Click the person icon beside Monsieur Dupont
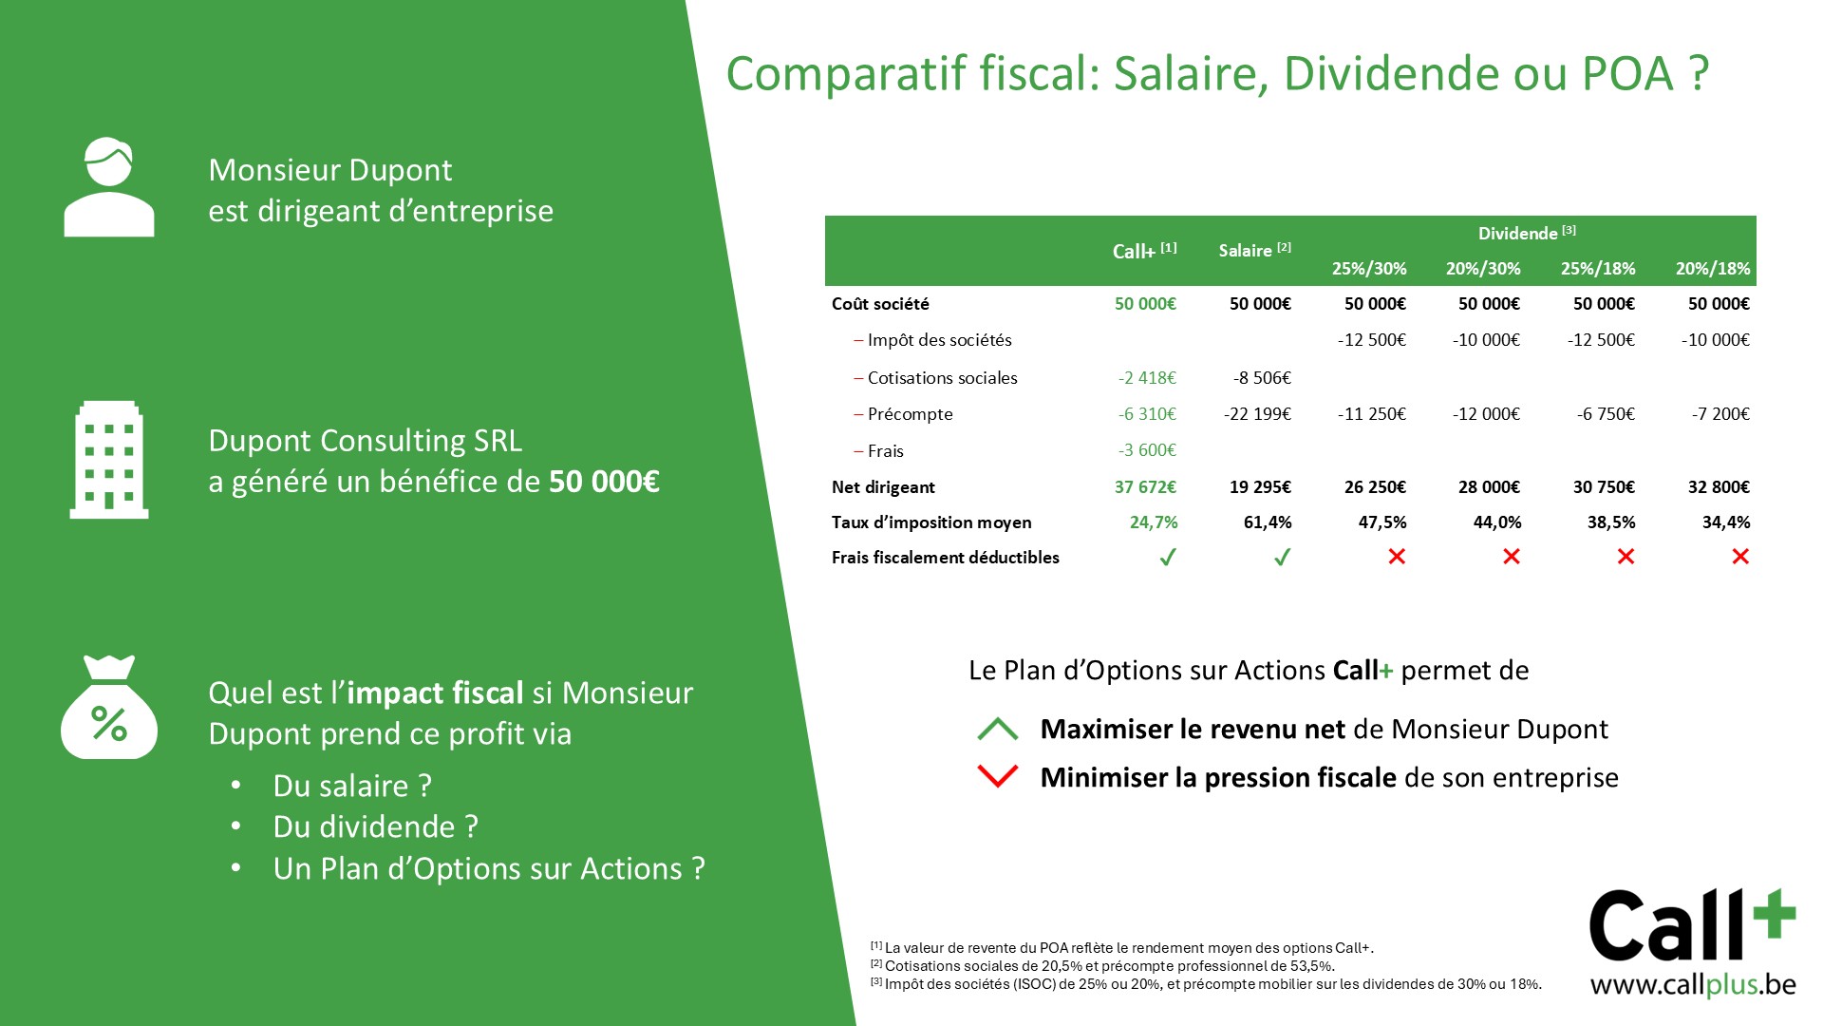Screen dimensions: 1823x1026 [109, 187]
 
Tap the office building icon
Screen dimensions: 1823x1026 [109, 460]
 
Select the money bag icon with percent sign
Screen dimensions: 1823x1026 [109, 707]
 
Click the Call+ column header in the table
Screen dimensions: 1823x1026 [1144, 251]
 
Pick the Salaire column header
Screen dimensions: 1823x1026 [1254, 250]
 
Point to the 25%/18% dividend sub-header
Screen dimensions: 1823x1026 [1598, 269]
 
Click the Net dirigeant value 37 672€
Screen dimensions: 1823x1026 [1145, 487]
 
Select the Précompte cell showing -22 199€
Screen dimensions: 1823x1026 [1257, 414]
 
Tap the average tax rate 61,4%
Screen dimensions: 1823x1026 [1268, 522]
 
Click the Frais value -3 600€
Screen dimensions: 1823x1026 [1147, 450]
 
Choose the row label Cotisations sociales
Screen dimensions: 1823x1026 [942, 378]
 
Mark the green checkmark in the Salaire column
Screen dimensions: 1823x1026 [1282, 558]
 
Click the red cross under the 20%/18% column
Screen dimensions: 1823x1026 [1740, 557]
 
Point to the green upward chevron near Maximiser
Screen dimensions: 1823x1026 [998, 729]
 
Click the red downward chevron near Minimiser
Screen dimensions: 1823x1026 [998, 776]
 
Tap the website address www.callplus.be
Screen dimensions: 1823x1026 [1693, 985]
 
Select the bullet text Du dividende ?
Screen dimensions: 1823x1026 [376, 827]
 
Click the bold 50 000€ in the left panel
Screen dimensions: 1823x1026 [604, 482]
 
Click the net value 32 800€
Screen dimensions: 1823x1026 [1719, 487]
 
